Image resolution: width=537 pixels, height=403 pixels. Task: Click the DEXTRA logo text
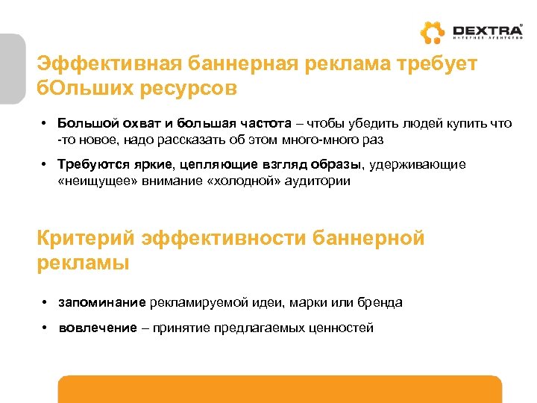[488, 30]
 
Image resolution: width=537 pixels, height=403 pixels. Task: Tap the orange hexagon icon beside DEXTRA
[432, 34]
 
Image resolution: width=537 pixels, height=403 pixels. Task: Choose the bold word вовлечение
[98, 328]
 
